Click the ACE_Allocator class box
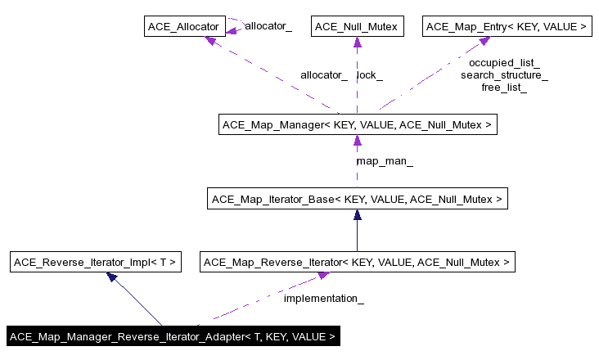click(182, 27)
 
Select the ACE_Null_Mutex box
click(357, 27)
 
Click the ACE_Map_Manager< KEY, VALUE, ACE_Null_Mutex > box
click(357, 125)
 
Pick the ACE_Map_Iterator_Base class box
click(357, 199)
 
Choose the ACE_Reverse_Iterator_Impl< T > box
click(94, 263)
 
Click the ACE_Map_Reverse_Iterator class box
click(357, 263)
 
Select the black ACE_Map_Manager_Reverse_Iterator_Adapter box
click(173, 336)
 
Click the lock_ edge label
click(370, 75)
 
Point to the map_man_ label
click(385, 161)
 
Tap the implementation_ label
click(323, 299)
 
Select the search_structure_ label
click(504, 75)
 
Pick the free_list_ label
click(504, 88)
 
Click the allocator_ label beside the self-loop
click(268, 26)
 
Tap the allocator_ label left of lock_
click(324, 75)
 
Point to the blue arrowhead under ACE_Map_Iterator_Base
click(357, 215)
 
